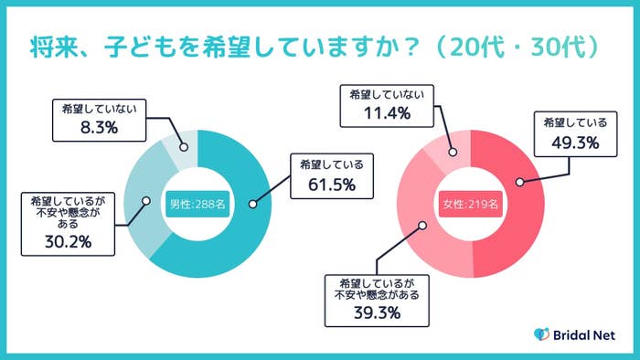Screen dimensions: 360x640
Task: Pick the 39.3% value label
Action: click(379, 314)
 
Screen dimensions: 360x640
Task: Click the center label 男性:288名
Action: click(197, 204)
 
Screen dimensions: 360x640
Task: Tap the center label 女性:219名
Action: click(470, 204)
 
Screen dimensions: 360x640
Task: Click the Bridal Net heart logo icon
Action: click(541, 334)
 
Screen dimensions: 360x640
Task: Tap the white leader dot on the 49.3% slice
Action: click(518, 182)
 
